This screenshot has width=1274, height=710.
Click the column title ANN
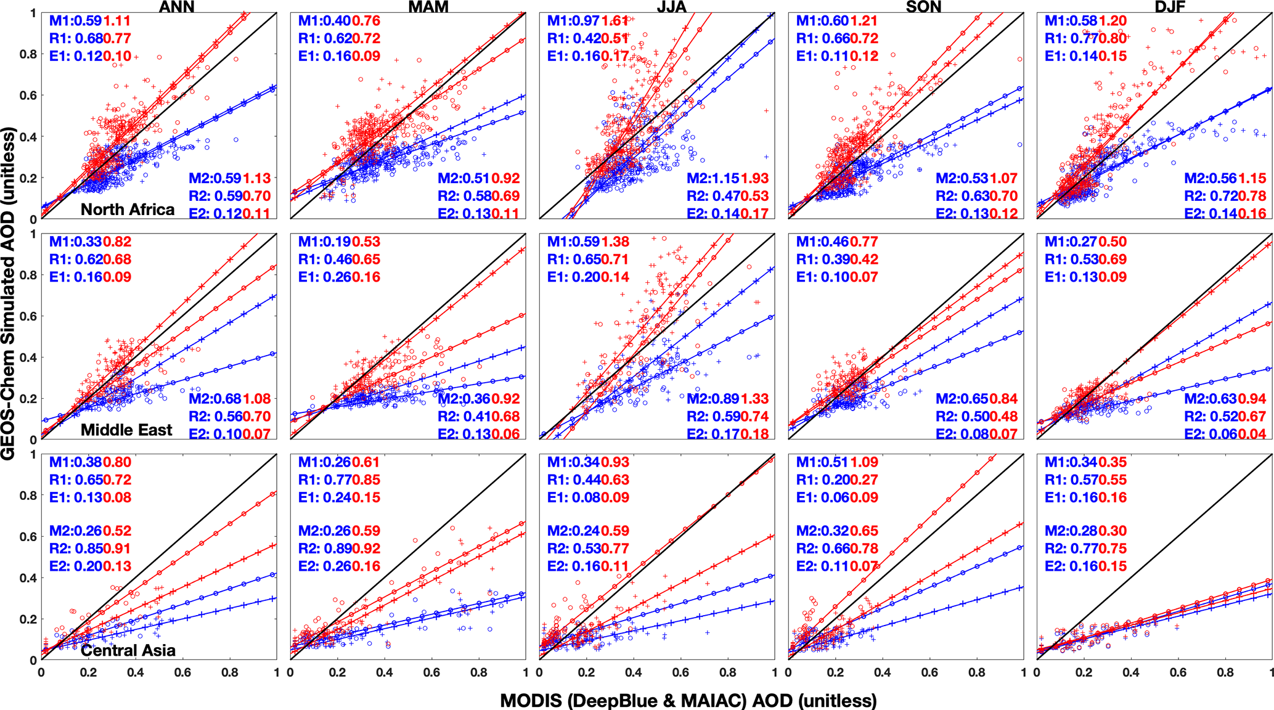pyautogui.click(x=177, y=7)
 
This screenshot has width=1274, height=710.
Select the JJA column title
pyautogui.click(x=672, y=7)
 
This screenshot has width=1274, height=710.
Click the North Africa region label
pyautogui.click(x=128, y=210)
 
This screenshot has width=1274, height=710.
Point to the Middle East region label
pyautogui.click(x=126, y=430)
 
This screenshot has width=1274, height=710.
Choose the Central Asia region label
pyautogui.click(x=128, y=650)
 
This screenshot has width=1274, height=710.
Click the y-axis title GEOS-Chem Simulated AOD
pyautogui.click(x=8, y=293)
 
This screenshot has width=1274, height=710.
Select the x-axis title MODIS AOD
pyautogui.click(x=688, y=701)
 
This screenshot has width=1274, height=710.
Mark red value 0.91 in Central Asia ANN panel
pyautogui.click(x=117, y=549)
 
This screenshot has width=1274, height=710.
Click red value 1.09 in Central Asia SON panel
pyautogui.click(x=864, y=462)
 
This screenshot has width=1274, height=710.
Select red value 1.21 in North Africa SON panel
pyautogui.click(x=864, y=21)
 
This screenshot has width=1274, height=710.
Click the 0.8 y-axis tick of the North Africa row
pyautogui.click(x=28, y=54)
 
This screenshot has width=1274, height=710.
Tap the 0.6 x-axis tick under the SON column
pyautogui.click(x=929, y=672)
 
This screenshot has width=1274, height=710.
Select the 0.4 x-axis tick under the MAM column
pyautogui.click(x=385, y=672)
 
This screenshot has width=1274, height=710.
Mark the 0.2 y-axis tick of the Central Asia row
pyautogui.click(x=28, y=619)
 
